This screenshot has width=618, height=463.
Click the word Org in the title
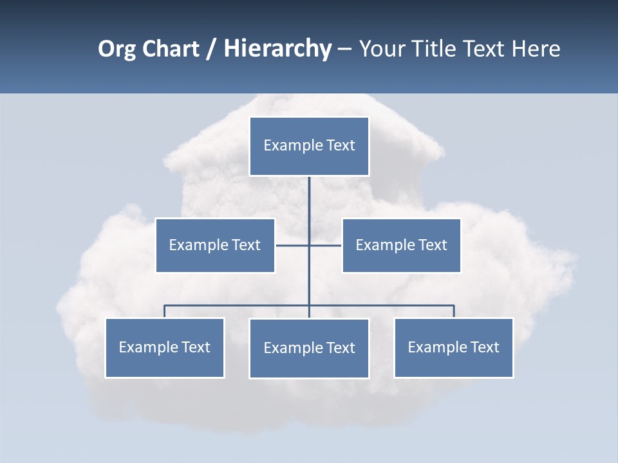(118, 49)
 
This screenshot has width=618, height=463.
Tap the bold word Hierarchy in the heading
(277, 49)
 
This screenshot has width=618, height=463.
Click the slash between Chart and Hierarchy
(211, 50)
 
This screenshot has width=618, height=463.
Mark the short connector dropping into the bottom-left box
(164, 311)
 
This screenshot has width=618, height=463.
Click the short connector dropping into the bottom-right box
(454, 311)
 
